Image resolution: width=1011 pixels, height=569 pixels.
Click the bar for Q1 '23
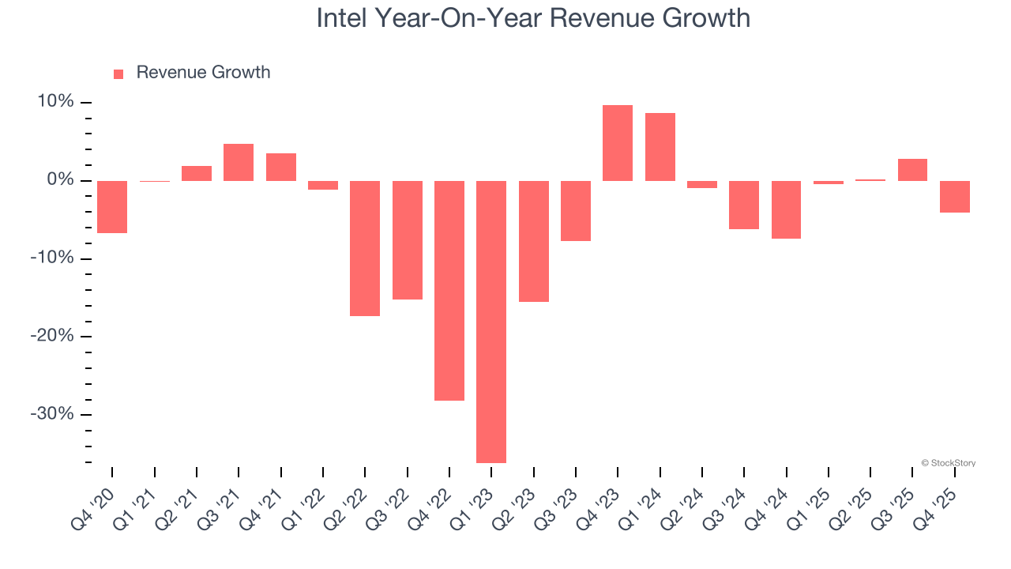click(491, 322)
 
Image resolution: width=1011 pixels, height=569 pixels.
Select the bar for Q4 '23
click(618, 143)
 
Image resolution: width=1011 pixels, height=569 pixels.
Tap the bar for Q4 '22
click(449, 291)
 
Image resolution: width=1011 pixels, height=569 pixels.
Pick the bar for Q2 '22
click(365, 248)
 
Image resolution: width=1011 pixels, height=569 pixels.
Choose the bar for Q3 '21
click(239, 162)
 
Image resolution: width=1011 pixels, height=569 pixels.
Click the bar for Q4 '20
click(112, 207)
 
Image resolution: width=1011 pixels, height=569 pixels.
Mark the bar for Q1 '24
click(660, 147)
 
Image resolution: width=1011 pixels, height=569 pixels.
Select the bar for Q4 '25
click(955, 197)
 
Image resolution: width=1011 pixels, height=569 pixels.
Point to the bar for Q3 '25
click(912, 170)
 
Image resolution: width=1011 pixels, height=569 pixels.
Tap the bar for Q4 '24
click(787, 209)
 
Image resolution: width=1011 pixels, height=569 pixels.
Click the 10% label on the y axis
click(54, 102)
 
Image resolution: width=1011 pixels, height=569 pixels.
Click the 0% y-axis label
click(59, 180)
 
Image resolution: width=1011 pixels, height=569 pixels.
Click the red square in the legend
click(118, 73)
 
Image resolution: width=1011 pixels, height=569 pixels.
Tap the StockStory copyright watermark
click(948, 463)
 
